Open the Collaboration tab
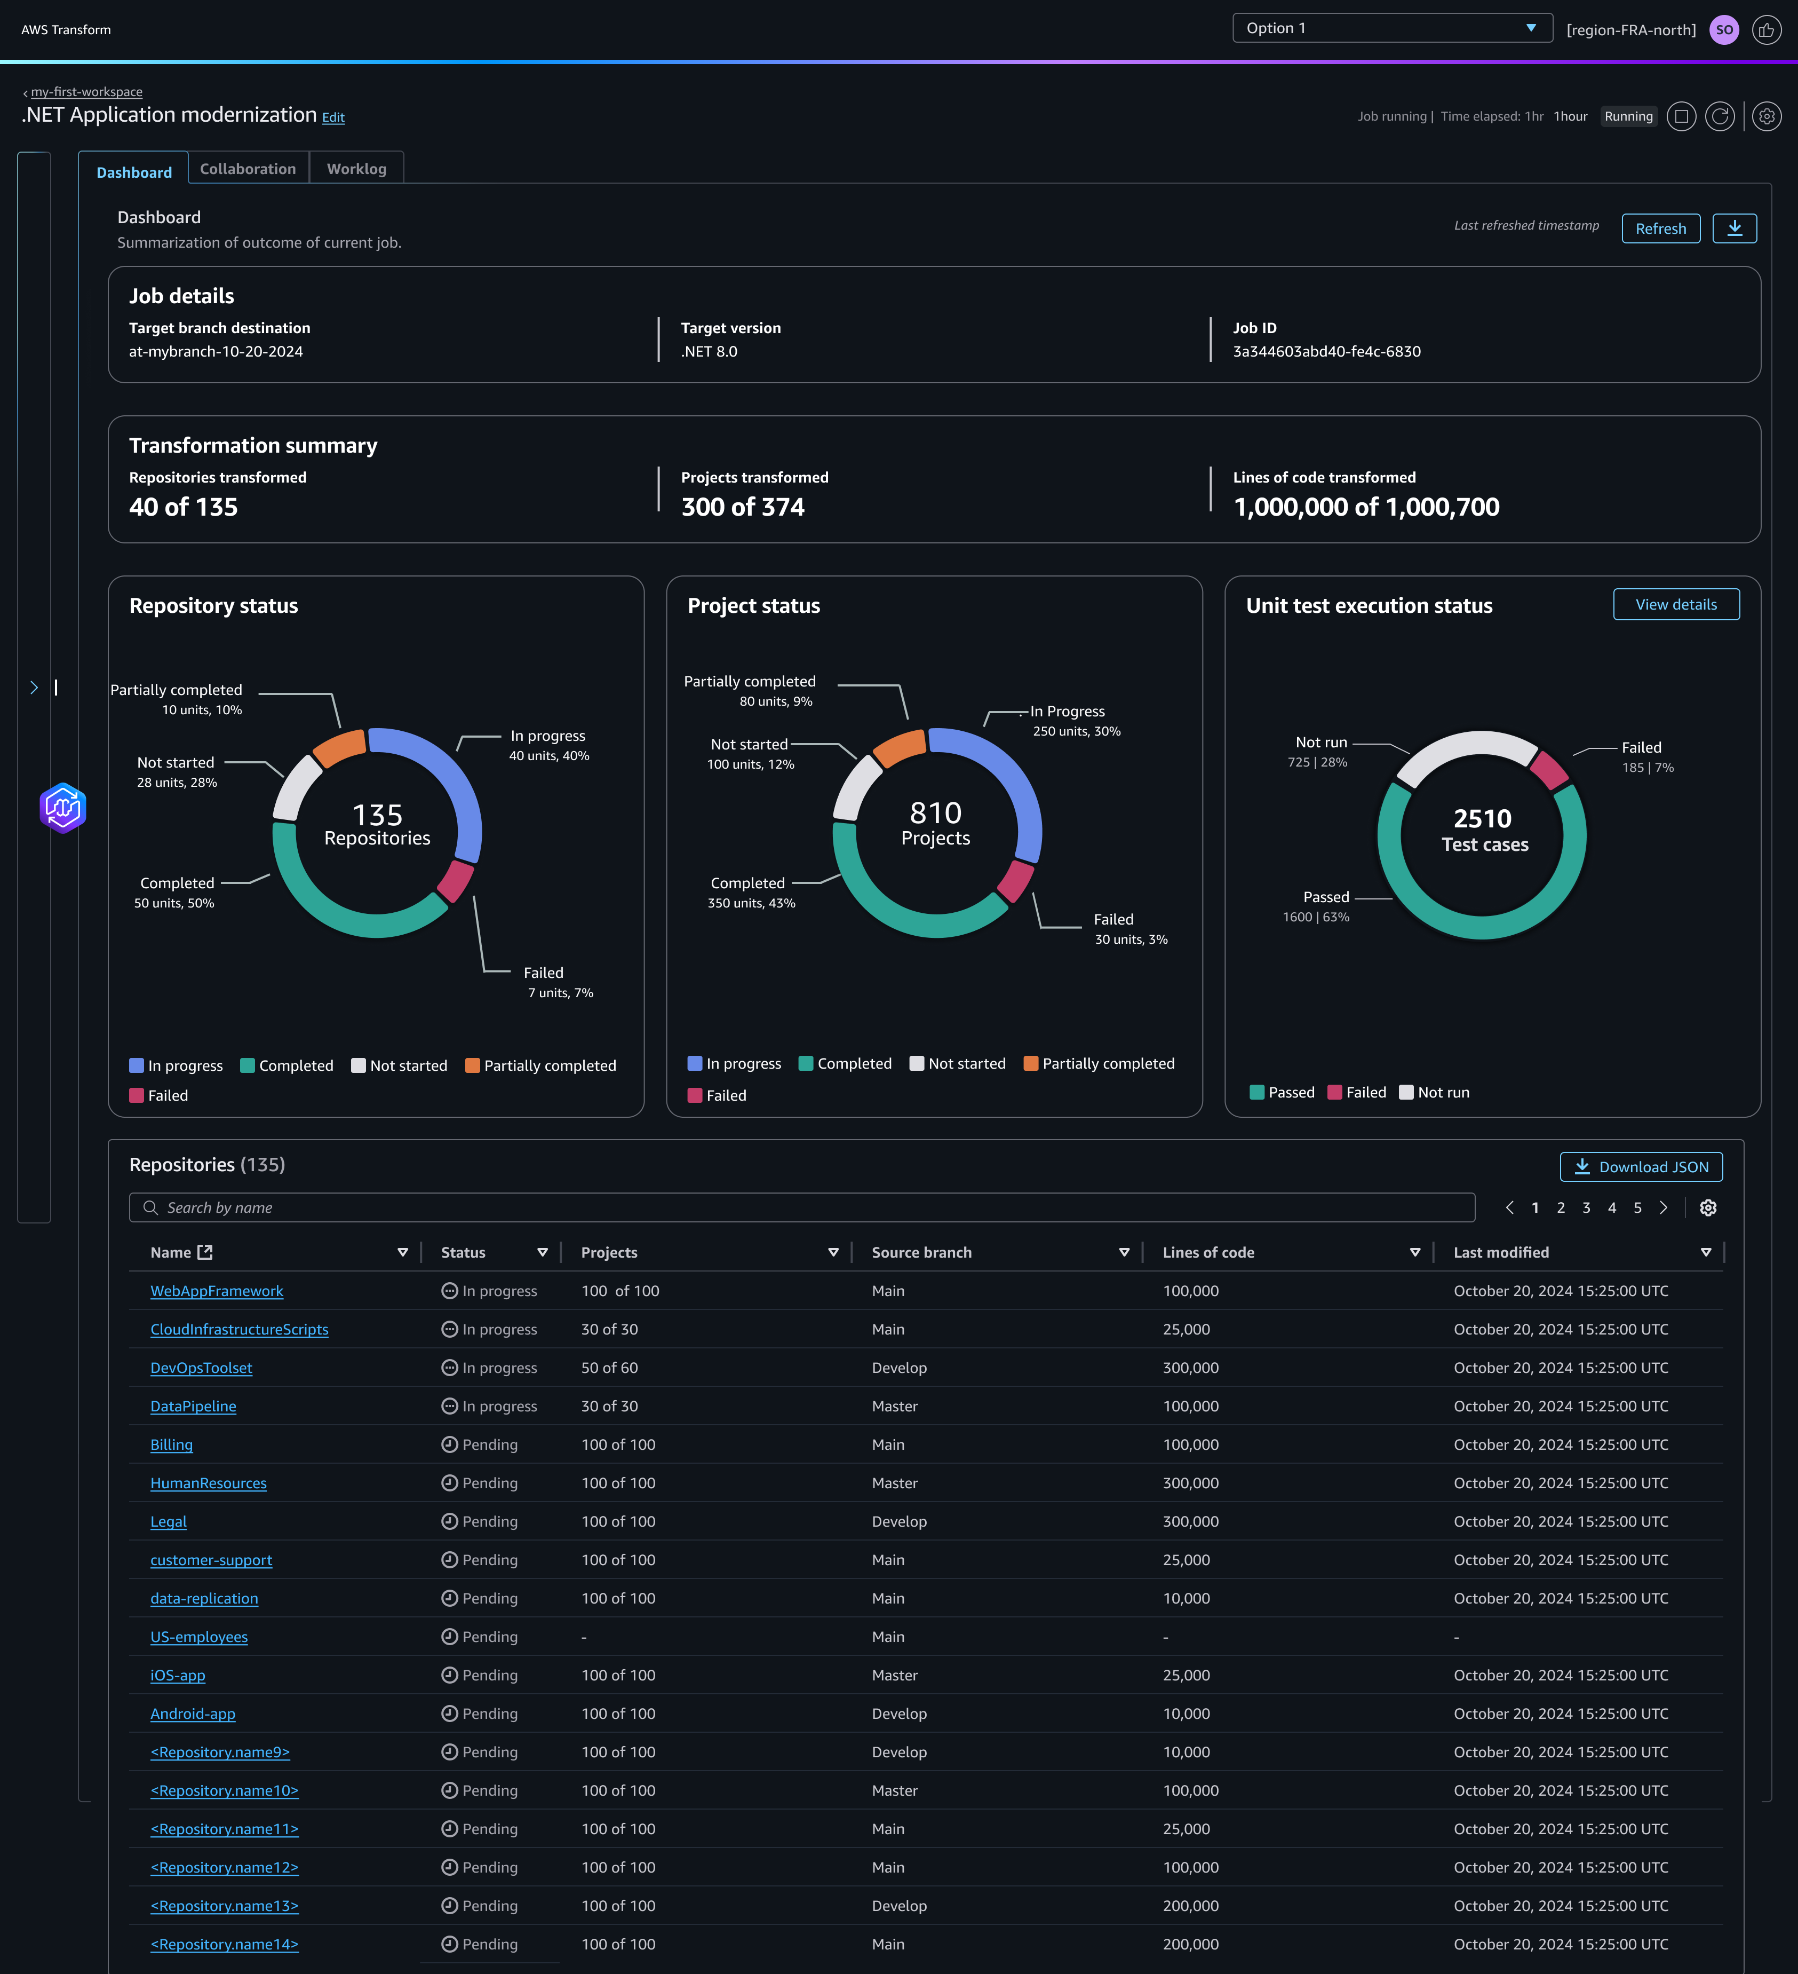tap(248, 169)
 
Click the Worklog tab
tap(356, 169)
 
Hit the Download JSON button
tap(1641, 1166)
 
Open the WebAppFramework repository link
tap(216, 1291)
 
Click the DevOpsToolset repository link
tap(201, 1368)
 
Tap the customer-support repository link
tap(210, 1560)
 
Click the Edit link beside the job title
tap(333, 117)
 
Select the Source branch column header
tap(921, 1252)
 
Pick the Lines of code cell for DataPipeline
tap(1190, 1406)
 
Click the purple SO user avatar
tap(1724, 29)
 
